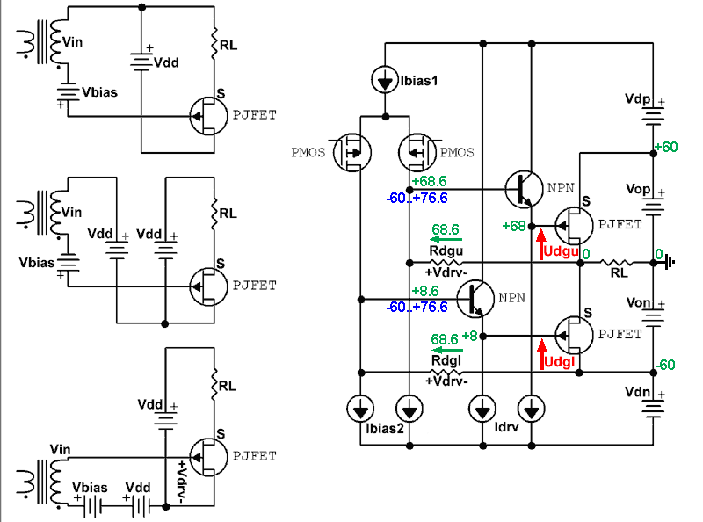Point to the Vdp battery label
point(635,98)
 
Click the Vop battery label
point(636,188)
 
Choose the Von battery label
point(636,302)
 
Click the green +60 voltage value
point(665,146)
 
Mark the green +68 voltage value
point(513,226)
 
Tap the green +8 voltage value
point(471,336)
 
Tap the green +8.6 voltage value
point(428,290)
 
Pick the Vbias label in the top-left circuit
point(99,91)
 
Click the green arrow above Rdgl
point(446,347)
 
